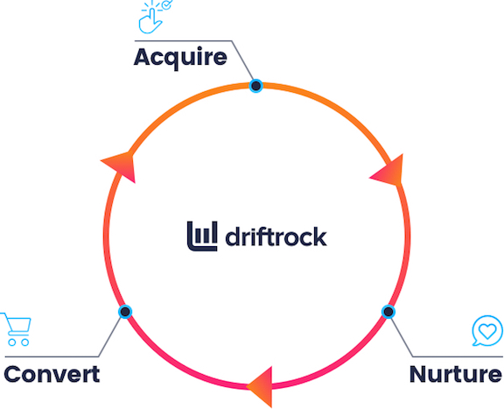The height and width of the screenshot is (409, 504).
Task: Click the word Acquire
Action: click(x=180, y=58)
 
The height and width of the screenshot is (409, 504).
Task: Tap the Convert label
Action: click(x=52, y=374)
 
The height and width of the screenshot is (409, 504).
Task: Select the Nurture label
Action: click(x=456, y=374)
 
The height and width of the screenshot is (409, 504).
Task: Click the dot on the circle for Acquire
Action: click(x=256, y=86)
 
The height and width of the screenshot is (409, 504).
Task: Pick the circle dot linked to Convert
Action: click(x=125, y=312)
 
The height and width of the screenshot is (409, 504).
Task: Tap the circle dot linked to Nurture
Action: click(x=388, y=312)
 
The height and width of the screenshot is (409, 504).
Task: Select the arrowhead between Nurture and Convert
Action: click(x=262, y=386)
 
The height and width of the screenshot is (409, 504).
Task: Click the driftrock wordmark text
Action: click(x=276, y=236)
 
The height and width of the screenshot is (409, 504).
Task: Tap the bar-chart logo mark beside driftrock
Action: click(x=202, y=236)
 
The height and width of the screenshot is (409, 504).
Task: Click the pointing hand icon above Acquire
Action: click(x=150, y=18)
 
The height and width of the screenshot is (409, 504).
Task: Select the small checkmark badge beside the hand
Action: click(x=167, y=4)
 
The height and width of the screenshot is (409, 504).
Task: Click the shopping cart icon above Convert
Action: click(x=16, y=329)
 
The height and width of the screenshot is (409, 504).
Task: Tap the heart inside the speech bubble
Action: click(x=487, y=331)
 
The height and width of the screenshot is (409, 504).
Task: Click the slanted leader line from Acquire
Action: click(x=243, y=60)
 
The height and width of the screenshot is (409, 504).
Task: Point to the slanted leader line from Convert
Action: click(x=109, y=337)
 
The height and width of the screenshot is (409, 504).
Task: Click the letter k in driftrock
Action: click(x=319, y=236)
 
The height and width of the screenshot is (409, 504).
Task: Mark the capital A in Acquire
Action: click(x=143, y=57)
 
